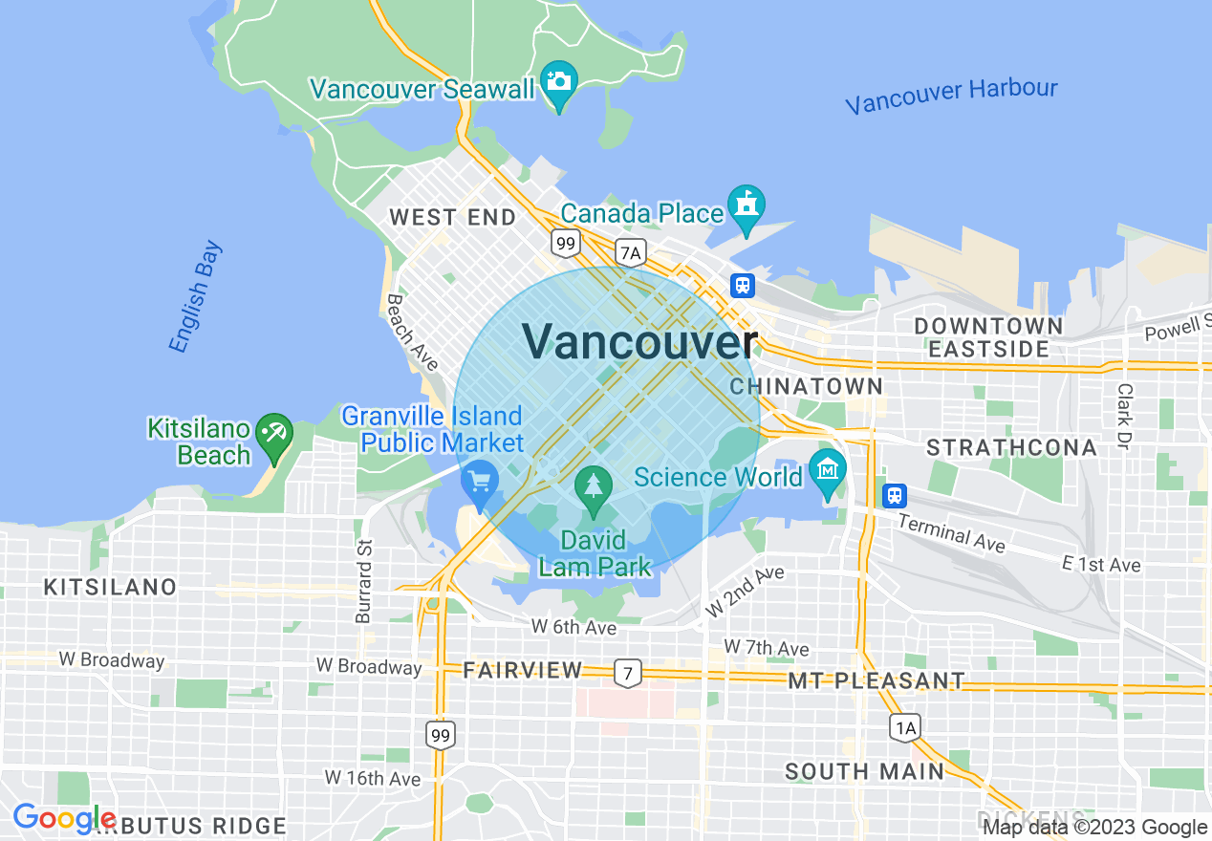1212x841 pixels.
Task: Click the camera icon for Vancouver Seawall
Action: pos(559,80)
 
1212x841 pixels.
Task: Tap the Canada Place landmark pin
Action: pos(747,205)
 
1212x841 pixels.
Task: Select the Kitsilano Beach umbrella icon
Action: pos(273,432)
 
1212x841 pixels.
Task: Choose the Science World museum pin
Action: pos(827,469)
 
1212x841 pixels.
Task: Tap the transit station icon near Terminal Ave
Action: pos(894,495)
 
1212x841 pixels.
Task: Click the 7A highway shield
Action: pos(631,252)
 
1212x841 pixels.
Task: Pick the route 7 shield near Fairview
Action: pos(627,673)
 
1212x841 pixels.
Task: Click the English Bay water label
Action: pos(196,296)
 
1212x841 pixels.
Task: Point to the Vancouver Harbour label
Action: pos(951,96)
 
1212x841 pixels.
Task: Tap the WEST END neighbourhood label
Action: pos(452,218)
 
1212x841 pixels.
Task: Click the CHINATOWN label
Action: pos(806,386)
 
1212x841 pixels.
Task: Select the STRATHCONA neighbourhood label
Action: pos(1011,447)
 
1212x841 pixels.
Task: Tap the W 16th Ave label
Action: pos(373,778)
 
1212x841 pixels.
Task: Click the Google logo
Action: pos(64,819)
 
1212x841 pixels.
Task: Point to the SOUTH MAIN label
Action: pos(864,771)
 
